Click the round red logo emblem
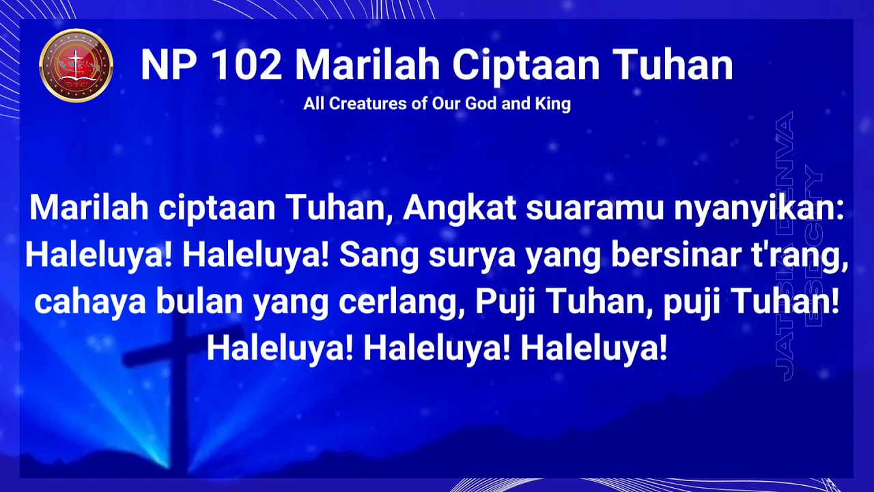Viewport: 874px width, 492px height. pos(76,66)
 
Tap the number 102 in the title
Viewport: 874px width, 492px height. pos(246,66)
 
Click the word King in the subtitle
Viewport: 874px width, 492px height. pos(555,105)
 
